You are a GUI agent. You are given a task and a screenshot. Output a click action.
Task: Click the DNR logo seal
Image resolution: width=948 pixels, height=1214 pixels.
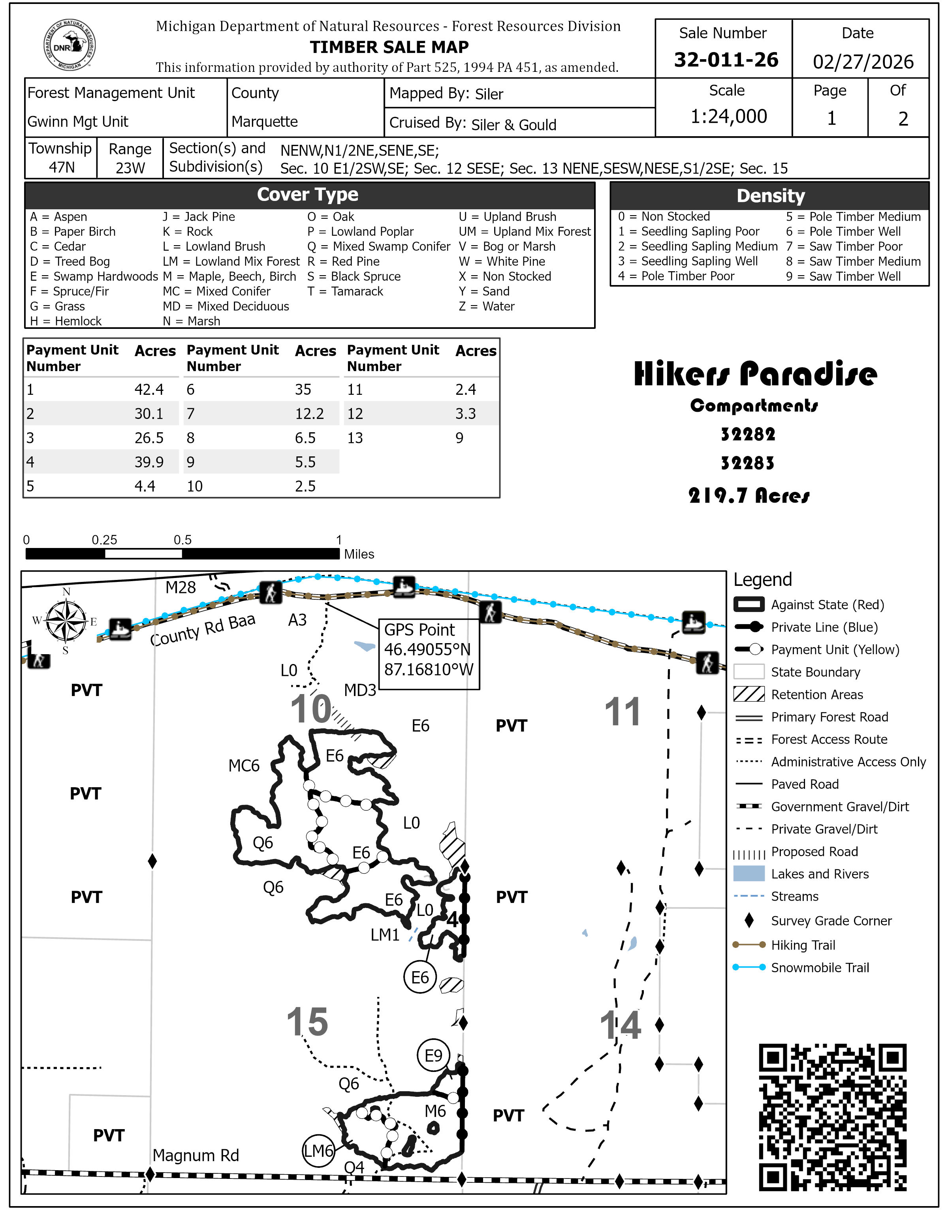tap(70, 45)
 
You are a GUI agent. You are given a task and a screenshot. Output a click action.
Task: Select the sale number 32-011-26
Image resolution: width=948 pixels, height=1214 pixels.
tap(726, 60)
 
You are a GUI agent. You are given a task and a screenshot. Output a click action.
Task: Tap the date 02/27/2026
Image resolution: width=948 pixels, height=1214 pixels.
tap(862, 62)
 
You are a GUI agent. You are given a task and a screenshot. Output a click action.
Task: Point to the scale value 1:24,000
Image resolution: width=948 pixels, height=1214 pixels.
tap(728, 116)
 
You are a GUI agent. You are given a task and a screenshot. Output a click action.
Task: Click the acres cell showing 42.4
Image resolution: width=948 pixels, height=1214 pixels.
tap(149, 390)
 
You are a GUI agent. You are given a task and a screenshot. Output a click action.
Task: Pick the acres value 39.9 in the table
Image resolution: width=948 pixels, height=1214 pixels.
tap(149, 462)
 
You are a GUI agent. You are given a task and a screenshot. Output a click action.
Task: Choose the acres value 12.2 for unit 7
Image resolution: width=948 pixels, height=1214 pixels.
tap(309, 414)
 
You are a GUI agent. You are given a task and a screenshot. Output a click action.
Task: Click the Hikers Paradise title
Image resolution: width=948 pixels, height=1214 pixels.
tap(755, 373)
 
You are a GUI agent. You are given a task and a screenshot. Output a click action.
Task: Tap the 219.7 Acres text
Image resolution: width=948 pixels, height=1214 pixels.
tap(749, 495)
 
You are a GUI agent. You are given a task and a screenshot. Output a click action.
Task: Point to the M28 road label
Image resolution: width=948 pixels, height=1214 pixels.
tap(181, 587)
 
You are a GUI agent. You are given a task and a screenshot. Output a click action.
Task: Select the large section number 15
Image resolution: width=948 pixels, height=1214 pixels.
tap(307, 1022)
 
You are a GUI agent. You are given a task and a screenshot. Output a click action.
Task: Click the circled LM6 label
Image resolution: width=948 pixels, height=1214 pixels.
tap(318, 1150)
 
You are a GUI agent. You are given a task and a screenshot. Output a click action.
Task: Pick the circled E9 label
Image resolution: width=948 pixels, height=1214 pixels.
tap(433, 1055)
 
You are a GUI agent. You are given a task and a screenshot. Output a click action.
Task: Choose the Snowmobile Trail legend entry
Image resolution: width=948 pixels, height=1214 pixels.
tap(820, 968)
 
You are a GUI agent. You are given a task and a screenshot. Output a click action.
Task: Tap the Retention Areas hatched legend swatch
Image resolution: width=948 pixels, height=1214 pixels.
tap(749, 694)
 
